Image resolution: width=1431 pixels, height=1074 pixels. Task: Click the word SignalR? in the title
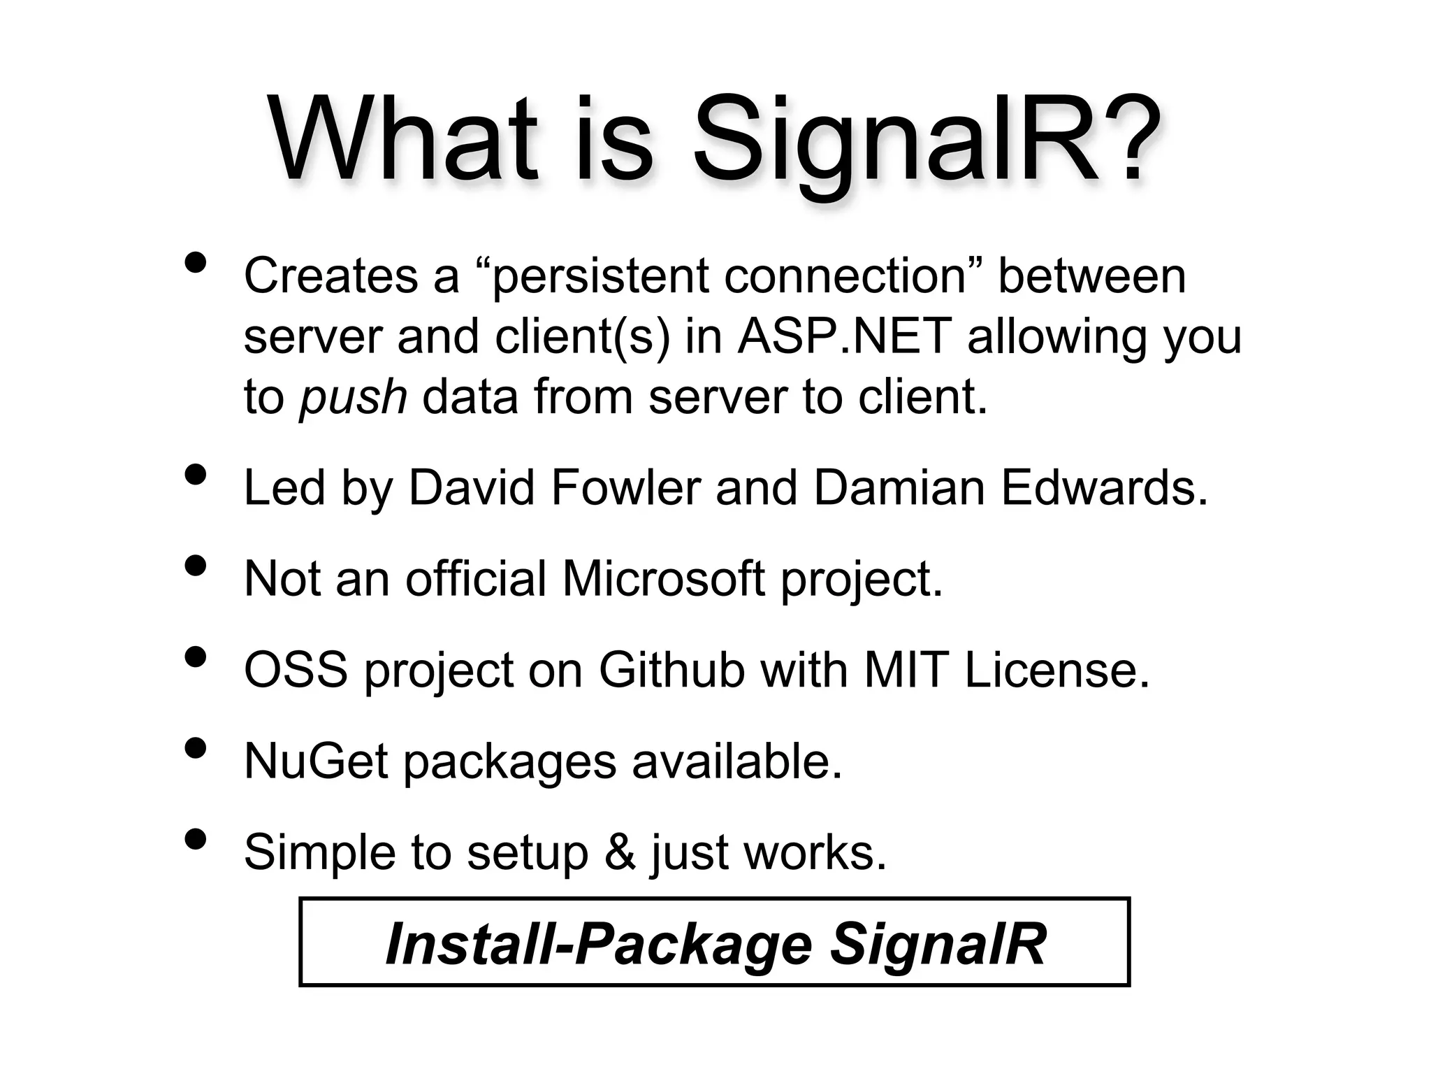click(x=927, y=143)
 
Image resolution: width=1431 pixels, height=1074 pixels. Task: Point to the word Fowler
click(x=625, y=487)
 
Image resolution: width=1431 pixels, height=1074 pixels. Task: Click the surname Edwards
click(x=1103, y=487)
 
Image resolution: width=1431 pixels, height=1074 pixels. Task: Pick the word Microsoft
click(x=663, y=579)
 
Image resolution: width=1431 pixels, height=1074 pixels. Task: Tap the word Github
click(x=671, y=670)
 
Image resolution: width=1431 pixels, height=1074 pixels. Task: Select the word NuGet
click(x=316, y=761)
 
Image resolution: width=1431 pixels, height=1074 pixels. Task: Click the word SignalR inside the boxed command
click(x=938, y=944)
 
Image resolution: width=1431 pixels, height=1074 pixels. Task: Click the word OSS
click(x=296, y=670)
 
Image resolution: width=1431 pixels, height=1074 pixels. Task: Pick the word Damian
click(x=899, y=487)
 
